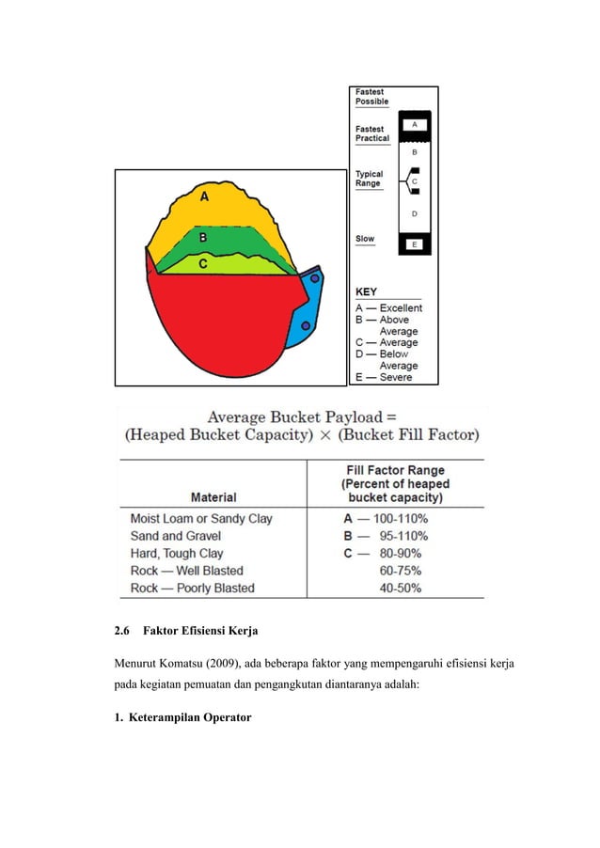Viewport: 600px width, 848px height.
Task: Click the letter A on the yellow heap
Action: click(x=204, y=196)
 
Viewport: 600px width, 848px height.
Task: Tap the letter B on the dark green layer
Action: click(x=202, y=239)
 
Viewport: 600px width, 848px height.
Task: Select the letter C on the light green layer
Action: click(x=202, y=264)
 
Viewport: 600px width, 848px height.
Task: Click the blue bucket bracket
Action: click(x=308, y=310)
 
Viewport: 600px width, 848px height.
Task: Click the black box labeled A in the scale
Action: click(x=414, y=123)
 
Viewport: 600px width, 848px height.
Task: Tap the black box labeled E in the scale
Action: click(x=415, y=244)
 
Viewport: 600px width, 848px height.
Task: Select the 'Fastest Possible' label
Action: click(x=371, y=96)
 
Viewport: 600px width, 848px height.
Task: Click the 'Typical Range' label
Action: click(x=369, y=179)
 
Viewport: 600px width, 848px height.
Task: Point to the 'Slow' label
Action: click(x=364, y=239)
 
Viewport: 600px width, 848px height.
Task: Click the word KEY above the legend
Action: click(x=366, y=292)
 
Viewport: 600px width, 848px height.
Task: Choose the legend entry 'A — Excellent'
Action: click(x=387, y=307)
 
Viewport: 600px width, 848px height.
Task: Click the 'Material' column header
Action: click(x=213, y=496)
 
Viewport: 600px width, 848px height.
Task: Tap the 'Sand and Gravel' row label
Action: click(x=176, y=536)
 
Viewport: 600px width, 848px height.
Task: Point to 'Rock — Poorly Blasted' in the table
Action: click(x=193, y=589)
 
